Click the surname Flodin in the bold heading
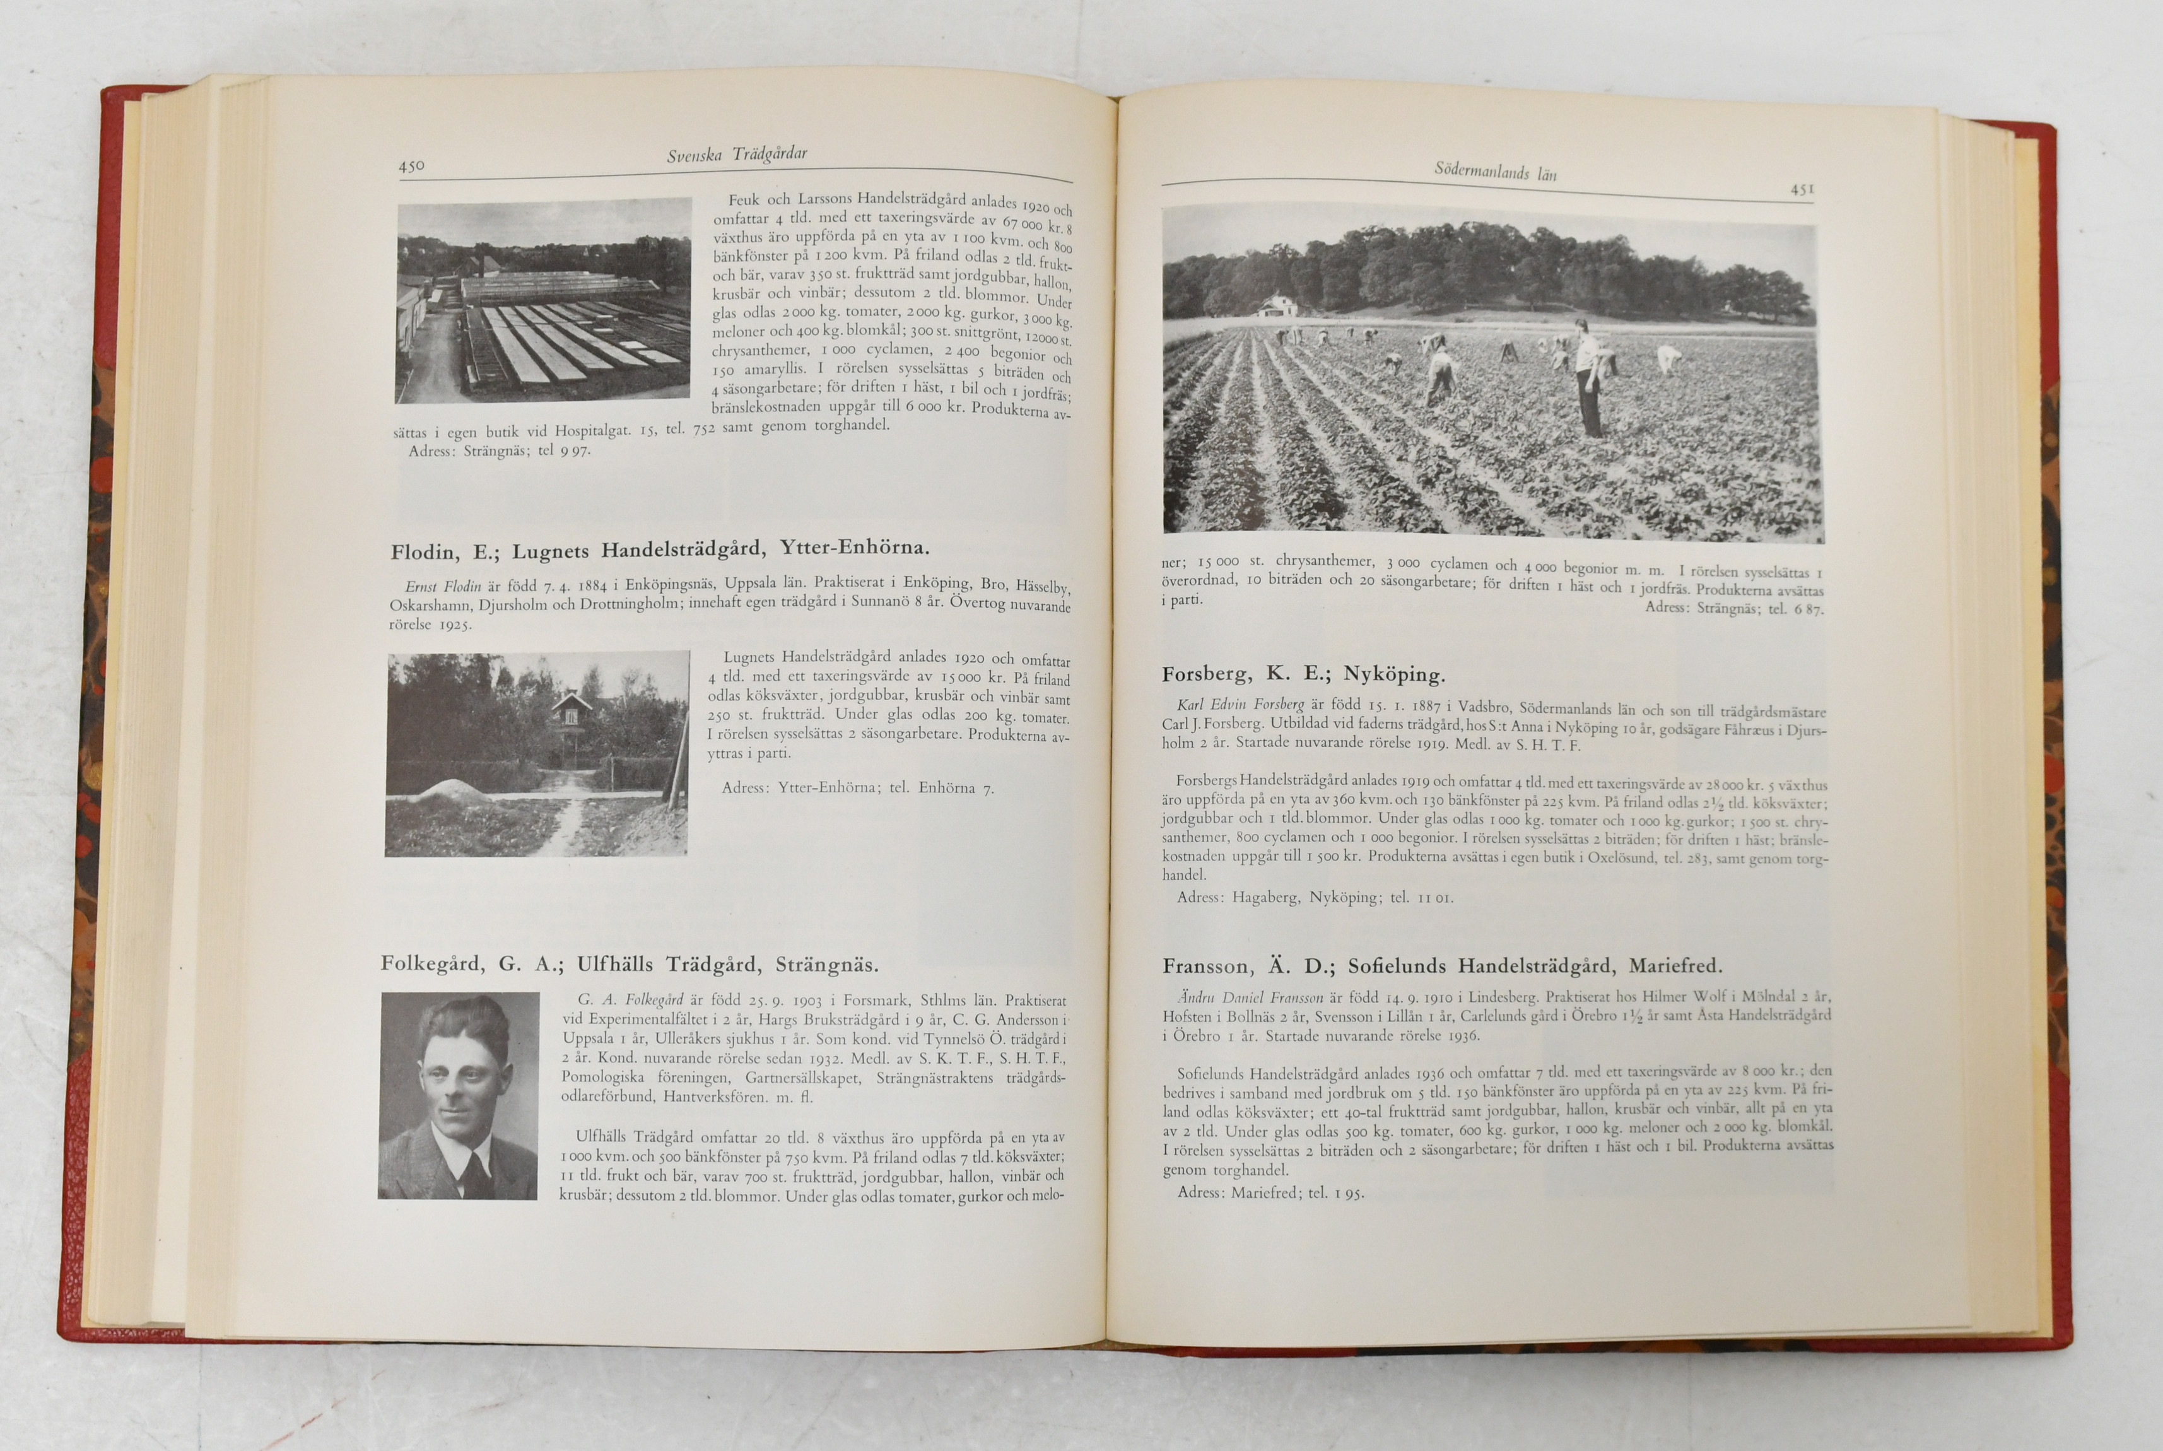[x=425, y=553]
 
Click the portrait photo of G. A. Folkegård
[x=459, y=1096]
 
